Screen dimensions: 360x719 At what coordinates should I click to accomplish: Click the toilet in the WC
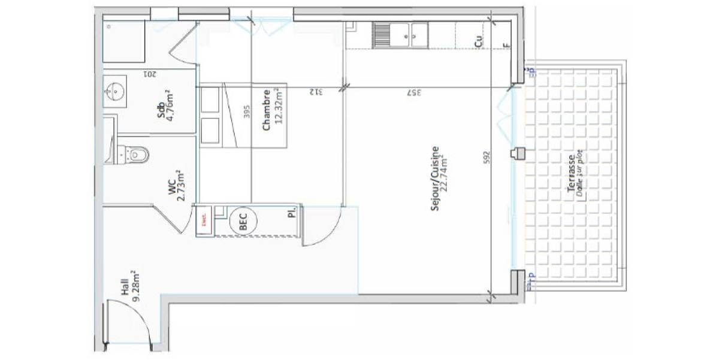pos(135,155)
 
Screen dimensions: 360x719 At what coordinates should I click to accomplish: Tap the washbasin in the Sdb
pos(114,92)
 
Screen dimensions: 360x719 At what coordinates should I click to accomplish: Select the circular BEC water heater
pos(244,220)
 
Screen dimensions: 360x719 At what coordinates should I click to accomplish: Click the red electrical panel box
pos(204,220)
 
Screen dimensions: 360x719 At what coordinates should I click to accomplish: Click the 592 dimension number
pos(487,157)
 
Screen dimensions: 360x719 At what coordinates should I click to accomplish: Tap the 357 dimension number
pos(413,92)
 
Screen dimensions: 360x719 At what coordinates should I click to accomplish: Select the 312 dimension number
pos(316,92)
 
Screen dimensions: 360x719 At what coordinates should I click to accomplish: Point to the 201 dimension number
pos(150,74)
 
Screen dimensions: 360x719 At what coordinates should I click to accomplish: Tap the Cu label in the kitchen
pos(478,41)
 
